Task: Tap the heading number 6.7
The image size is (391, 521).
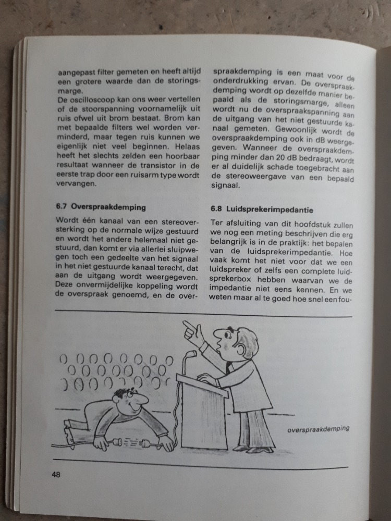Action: [x=62, y=206]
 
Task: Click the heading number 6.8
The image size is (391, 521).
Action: [x=217, y=209]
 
